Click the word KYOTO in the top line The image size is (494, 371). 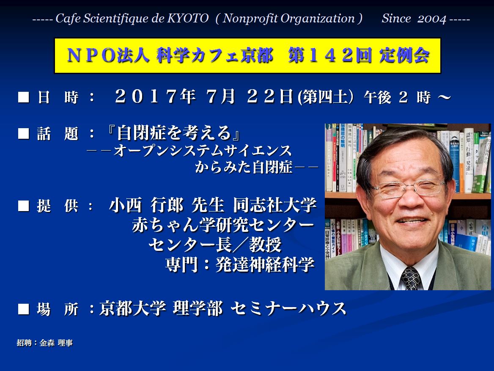pyautogui.click(x=188, y=18)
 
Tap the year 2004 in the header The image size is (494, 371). pyautogui.click(x=432, y=19)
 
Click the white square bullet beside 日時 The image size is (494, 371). pyautogui.click(x=24, y=97)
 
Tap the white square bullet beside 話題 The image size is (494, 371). pyautogui.click(x=24, y=133)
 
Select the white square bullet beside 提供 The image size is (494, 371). pyautogui.click(x=24, y=206)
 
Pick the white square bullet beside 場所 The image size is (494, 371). pyautogui.click(x=24, y=309)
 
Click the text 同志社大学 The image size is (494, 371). pyautogui.click(x=275, y=205)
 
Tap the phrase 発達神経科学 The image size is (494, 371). pyautogui.click(x=265, y=264)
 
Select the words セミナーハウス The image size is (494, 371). pyautogui.click(x=288, y=308)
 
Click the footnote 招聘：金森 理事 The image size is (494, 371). pyautogui.click(x=45, y=343)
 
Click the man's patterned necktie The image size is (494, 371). pyautogui.click(x=411, y=278)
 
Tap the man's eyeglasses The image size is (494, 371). pyautogui.click(x=408, y=187)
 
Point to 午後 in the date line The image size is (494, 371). pyautogui.click(x=377, y=97)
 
